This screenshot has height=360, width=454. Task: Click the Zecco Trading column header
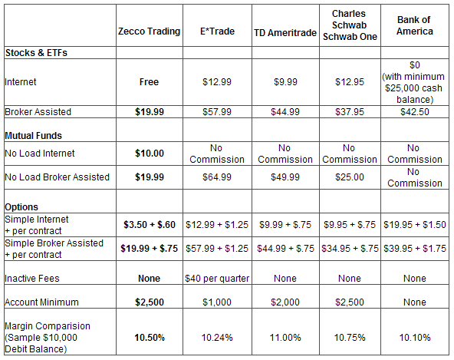coord(149,31)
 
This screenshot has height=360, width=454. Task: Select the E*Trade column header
coord(217,31)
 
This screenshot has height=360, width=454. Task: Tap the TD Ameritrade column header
coord(285,33)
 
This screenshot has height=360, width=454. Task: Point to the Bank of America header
coord(415,25)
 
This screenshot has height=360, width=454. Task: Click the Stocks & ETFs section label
coord(36,53)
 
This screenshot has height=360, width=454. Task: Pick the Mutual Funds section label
coord(33,136)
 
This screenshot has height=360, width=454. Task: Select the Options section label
coord(21,207)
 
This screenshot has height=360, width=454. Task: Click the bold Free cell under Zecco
coord(149,82)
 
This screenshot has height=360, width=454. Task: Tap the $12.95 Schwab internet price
coord(350,82)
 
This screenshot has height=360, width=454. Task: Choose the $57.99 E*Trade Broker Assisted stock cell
coord(217,112)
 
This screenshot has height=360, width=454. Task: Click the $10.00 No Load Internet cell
coord(150,154)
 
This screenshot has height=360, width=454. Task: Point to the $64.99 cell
coord(217,177)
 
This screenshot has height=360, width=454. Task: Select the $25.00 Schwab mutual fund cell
coord(350,177)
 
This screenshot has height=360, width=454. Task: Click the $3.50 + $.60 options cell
coord(150,225)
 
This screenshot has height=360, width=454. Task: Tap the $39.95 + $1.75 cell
coord(415,249)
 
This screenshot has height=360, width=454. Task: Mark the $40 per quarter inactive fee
coord(217,279)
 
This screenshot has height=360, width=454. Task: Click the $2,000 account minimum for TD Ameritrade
coord(285,302)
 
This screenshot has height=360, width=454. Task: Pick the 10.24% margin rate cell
coord(217,338)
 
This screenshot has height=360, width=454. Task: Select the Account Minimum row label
coord(41,302)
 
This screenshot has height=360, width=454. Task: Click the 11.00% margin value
coord(285,338)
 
